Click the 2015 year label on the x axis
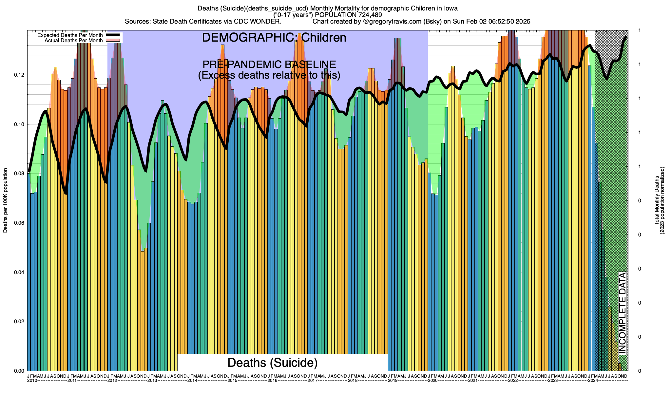pos(232,381)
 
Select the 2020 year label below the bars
pos(432,381)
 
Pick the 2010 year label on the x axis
pos(32,381)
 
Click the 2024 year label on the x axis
pos(593,381)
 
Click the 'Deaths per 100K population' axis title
pos(5,200)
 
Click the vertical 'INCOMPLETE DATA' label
pos(622,313)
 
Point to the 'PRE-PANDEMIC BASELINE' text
pos(269,65)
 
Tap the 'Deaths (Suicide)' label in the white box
pos(273,363)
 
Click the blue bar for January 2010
pos(29,272)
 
